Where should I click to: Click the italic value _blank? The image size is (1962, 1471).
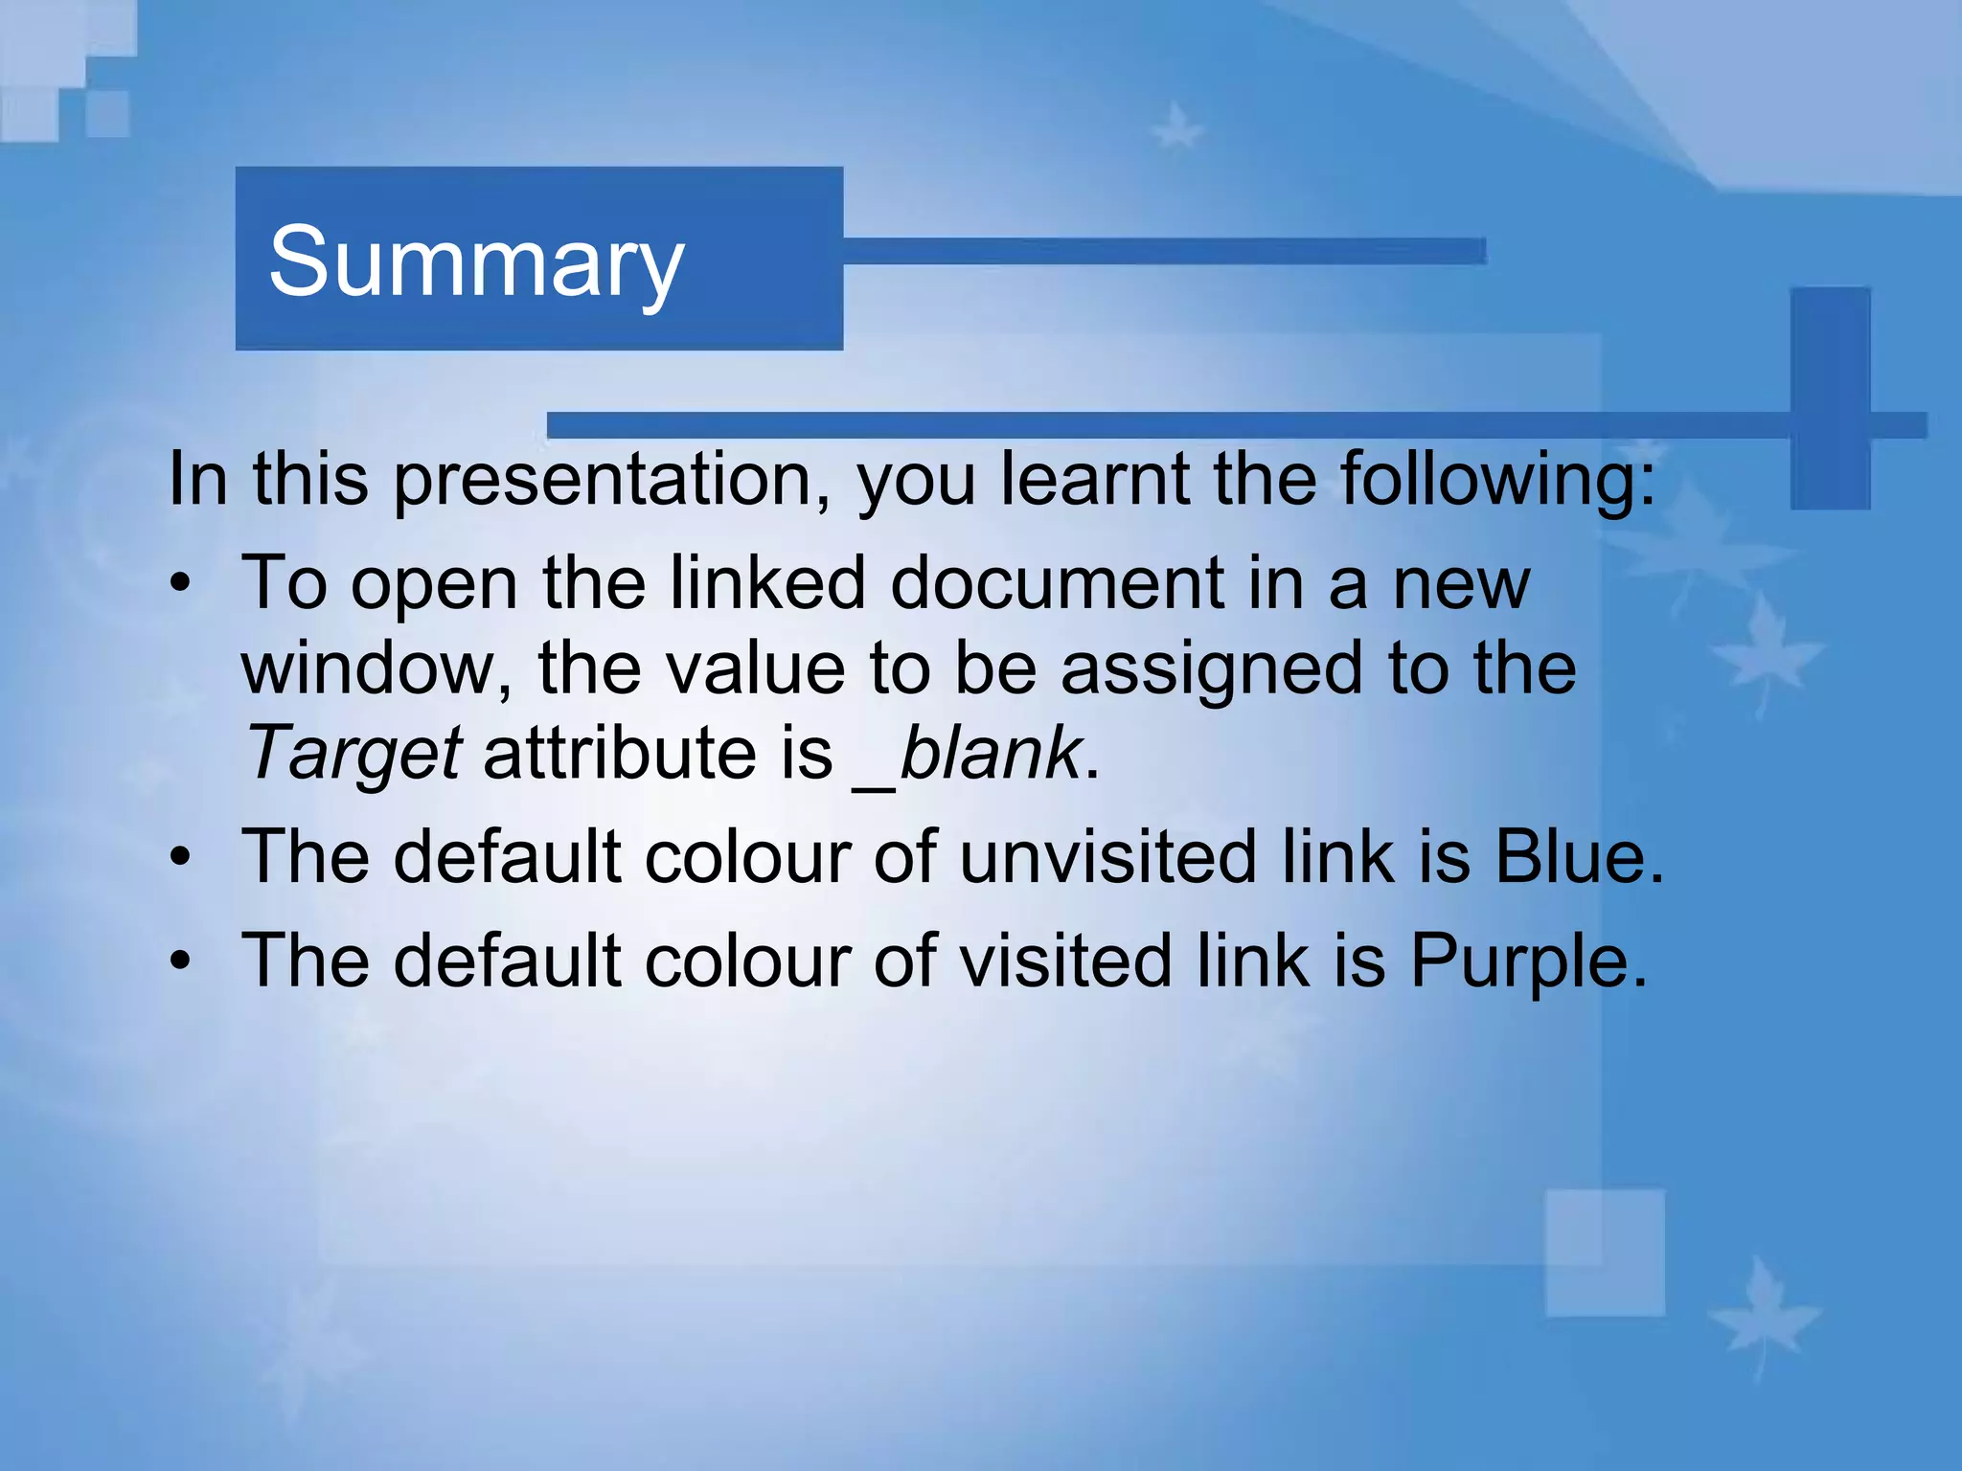click(968, 754)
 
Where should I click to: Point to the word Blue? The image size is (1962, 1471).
click(1571, 856)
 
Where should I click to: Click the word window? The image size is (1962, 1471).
click(376, 668)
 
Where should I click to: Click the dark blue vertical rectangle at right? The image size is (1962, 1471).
click(1830, 397)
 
